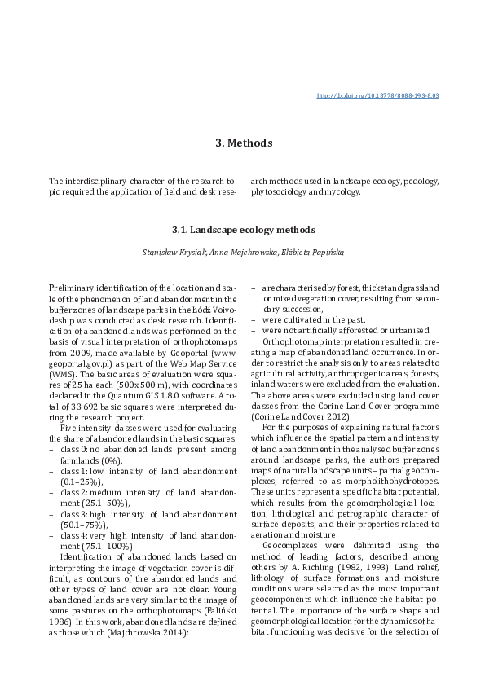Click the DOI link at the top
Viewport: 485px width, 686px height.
click(x=377, y=95)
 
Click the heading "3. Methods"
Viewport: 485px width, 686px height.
click(x=243, y=143)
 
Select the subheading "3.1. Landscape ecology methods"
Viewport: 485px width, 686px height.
click(x=243, y=231)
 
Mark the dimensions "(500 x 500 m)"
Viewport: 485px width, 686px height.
click(x=152, y=363)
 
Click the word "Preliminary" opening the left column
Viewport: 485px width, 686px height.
click(x=71, y=288)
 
